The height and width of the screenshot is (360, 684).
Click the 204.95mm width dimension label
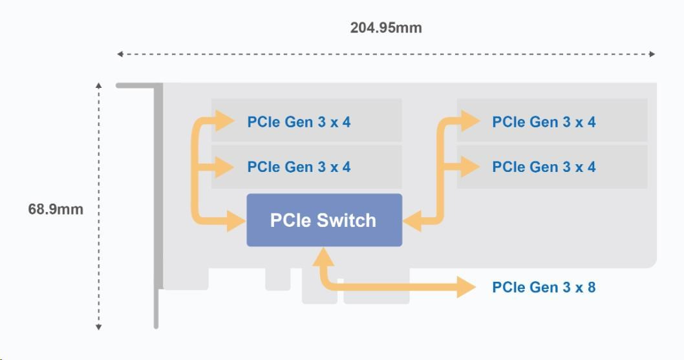pos(386,28)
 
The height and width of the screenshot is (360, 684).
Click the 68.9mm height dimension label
pos(56,209)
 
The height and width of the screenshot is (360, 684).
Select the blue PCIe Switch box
pos(324,220)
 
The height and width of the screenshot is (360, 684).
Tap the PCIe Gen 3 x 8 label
pos(544,287)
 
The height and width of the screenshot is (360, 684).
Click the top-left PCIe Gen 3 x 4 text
pos(299,122)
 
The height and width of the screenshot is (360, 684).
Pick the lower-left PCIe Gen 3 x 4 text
pos(299,167)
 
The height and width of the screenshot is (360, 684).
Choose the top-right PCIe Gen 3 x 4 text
pos(544,122)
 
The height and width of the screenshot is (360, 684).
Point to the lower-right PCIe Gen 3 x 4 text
pos(544,167)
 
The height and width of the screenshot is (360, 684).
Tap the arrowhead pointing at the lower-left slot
pos(225,167)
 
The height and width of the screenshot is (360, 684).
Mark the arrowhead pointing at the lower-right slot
pos(470,167)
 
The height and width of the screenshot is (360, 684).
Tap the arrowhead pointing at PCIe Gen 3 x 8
pos(467,286)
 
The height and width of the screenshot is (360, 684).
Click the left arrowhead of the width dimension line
pos(120,54)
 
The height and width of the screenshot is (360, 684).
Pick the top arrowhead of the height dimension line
pos(99,85)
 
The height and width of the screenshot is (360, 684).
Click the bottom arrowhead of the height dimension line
pos(99,327)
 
